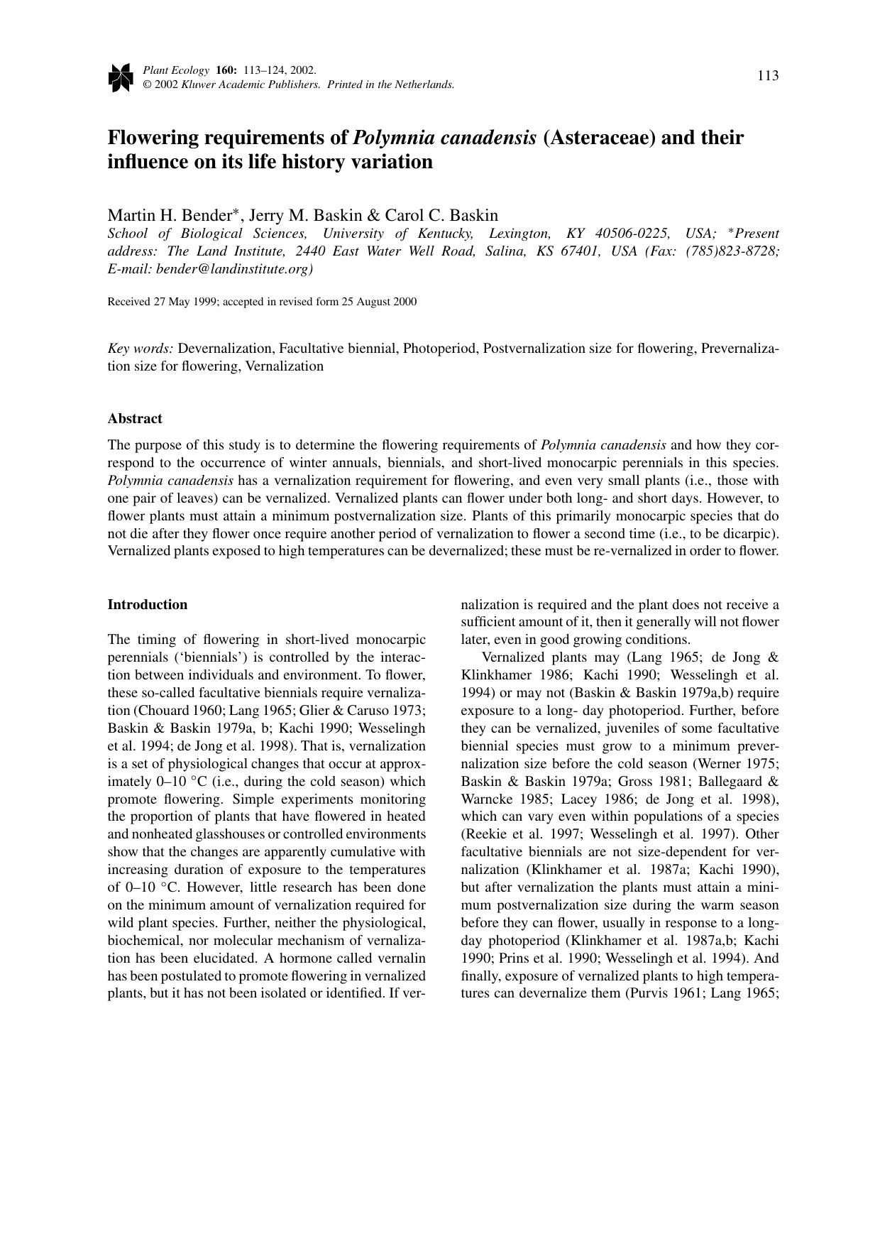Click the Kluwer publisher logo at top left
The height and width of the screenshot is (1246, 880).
coord(121,77)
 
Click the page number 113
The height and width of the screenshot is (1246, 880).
coord(768,76)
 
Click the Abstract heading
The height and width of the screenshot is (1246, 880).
coord(135,419)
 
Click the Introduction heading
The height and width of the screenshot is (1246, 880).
coord(148,605)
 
